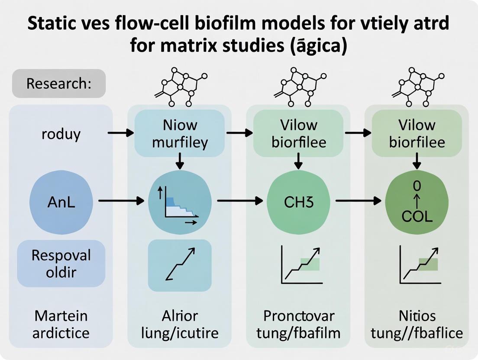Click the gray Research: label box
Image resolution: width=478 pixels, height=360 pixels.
(59, 83)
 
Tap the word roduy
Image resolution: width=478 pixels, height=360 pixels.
(61, 134)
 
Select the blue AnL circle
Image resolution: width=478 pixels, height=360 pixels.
(61, 202)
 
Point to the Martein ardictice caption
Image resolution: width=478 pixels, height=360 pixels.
(61, 324)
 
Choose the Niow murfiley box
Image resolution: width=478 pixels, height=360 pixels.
(180, 133)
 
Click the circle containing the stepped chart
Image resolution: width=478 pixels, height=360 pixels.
(180, 202)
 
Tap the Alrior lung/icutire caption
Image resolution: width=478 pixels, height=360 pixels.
(180, 324)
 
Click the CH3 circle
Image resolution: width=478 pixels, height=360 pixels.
(298, 202)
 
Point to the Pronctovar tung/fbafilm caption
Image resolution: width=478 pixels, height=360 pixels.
(298, 324)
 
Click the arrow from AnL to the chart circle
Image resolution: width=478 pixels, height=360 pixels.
(121, 201)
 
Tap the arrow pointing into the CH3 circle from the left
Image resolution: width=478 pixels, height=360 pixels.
(240, 201)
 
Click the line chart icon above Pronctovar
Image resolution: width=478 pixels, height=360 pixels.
(300, 265)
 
